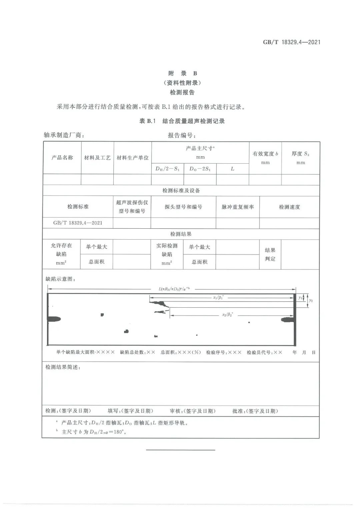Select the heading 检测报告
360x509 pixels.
(x=182, y=92)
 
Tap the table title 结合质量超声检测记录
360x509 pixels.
(x=193, y=121)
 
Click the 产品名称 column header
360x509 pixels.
(x=62, y=157)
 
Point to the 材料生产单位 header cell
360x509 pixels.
(x=132, y=158)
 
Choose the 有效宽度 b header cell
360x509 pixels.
(x=265, y=157)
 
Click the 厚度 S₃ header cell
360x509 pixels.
(x=300, y=157)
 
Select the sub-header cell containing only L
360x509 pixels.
(x=232, y=169)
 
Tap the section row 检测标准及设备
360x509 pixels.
(x=181, y=190)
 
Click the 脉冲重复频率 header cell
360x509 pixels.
(x=237, y=207)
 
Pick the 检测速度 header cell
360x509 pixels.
(x=289, y=207)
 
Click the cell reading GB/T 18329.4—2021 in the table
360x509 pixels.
(x=78, y=223)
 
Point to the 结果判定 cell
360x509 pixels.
(x=270, y=254)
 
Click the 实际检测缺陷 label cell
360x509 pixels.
(x=167, y=254)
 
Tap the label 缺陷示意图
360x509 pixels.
(x=60, y=279)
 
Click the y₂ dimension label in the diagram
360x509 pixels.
(x=311, y=300)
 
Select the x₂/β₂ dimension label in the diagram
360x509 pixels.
(x=228, y=315)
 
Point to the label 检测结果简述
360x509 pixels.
(x=63, y=367)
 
